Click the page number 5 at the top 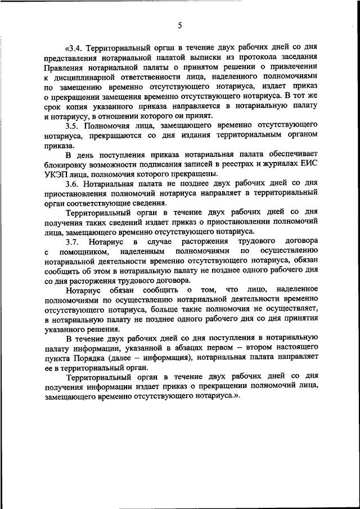pos(180,25)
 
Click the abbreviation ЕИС pos(309,165)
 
